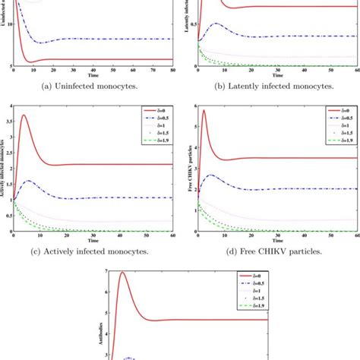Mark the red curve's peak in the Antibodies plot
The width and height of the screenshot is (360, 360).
click(122, 273)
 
